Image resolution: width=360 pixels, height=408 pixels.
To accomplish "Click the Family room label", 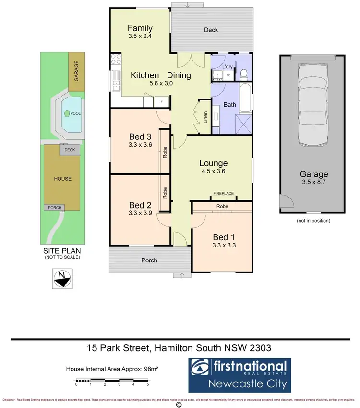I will tap(140, 28).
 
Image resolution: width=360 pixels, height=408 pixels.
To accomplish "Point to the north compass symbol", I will tap(61, 277).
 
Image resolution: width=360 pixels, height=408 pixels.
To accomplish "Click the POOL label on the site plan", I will tap(75, 114).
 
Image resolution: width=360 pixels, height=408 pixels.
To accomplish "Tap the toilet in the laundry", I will tap(243, 74).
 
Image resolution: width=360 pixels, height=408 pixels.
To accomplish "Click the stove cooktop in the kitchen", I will tap(116, 60).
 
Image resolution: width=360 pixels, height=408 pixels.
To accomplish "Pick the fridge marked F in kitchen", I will tap(161, 102).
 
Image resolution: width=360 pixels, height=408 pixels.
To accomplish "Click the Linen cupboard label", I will tap(205, 117).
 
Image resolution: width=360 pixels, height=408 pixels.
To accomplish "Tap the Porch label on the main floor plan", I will tap(149, 260).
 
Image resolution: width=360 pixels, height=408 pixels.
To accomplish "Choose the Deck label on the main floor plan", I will tap(211, 30).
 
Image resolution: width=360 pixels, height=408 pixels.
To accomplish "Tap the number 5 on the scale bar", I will tap(148, 384).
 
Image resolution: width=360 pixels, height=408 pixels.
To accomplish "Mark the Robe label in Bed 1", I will tap(222, 206).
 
